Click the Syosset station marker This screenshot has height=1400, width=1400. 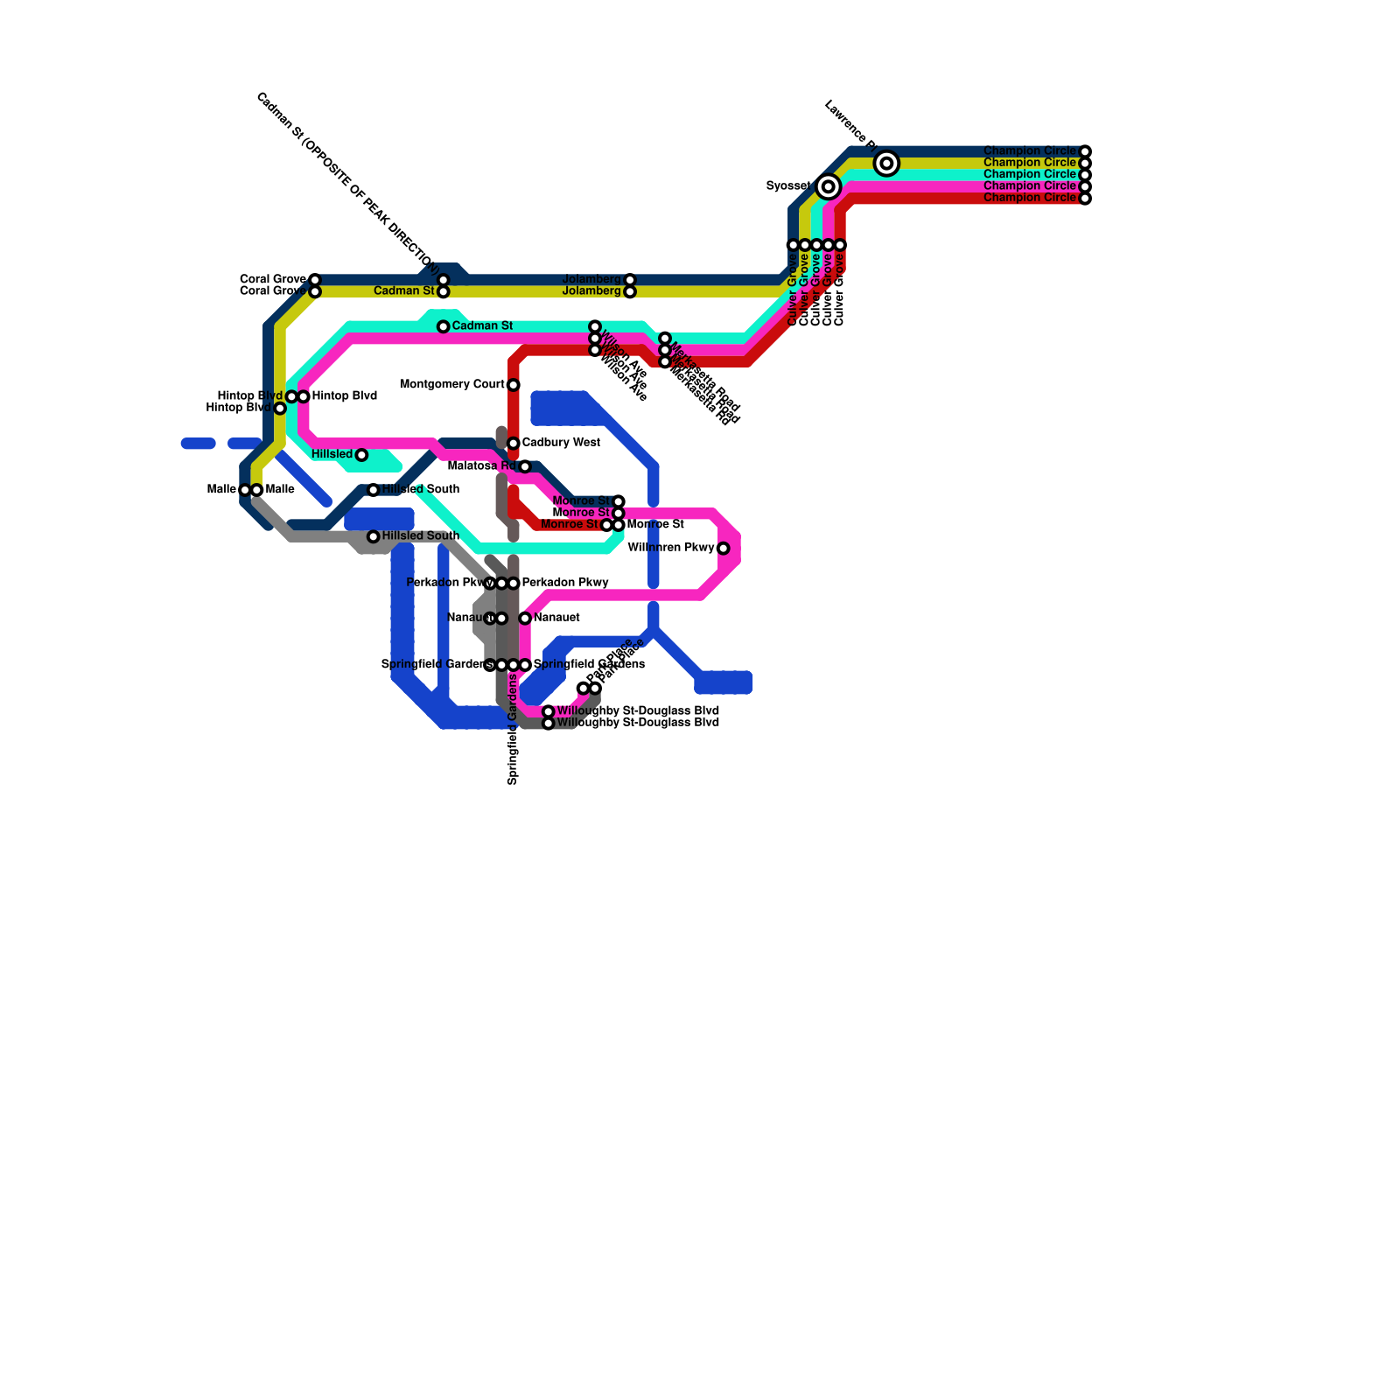[829, 186]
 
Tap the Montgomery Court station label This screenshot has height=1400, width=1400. [451, 384]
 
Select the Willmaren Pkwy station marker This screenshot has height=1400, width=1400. [724, 549]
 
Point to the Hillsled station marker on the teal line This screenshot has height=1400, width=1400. [361, 455]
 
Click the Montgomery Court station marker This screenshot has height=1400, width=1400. [514, 385]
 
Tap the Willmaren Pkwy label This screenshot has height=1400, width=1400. [671, 548]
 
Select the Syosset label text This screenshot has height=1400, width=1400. [788, 185]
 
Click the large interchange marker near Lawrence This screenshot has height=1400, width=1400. [886, 164]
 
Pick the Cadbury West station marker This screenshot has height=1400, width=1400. [514, 444]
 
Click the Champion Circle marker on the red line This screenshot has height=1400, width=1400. [1085, 199]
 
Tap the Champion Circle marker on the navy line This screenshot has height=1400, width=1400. [1085, 151]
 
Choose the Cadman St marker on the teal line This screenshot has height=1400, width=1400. [444, 326]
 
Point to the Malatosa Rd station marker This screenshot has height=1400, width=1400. [525, 466]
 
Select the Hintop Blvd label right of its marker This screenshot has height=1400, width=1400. [344, 395]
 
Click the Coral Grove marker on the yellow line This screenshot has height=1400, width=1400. [315, 291]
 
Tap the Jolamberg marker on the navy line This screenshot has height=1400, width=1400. [630, 280]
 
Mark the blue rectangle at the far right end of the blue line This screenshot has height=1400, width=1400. [724, 682]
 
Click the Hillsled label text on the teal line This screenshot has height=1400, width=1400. [332, 454]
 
